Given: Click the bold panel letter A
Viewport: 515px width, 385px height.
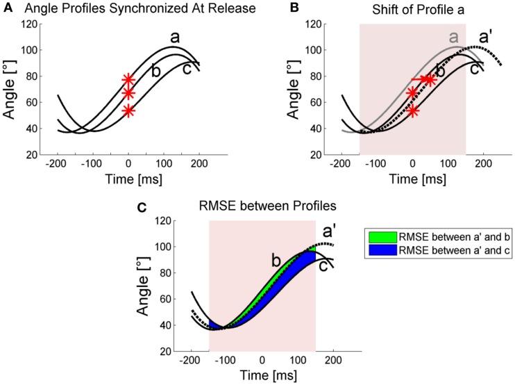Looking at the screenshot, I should (x=6, y=9).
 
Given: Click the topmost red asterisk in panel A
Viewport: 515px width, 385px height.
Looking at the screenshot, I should (x=128, y=81).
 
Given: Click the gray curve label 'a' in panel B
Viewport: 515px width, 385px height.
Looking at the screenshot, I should (x=455, y=37).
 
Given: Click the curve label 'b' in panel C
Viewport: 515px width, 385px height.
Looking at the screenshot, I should (x=276, y=261).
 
